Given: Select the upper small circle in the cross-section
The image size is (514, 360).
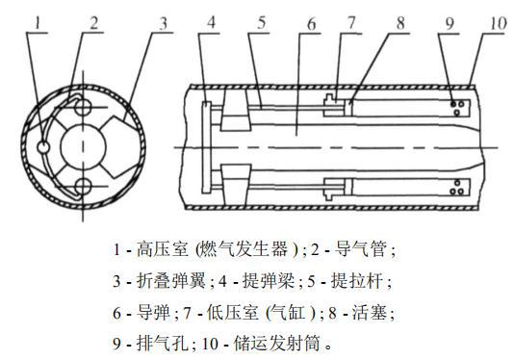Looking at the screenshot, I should (85, 103).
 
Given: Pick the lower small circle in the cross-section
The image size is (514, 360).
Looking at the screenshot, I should (85, 186).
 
